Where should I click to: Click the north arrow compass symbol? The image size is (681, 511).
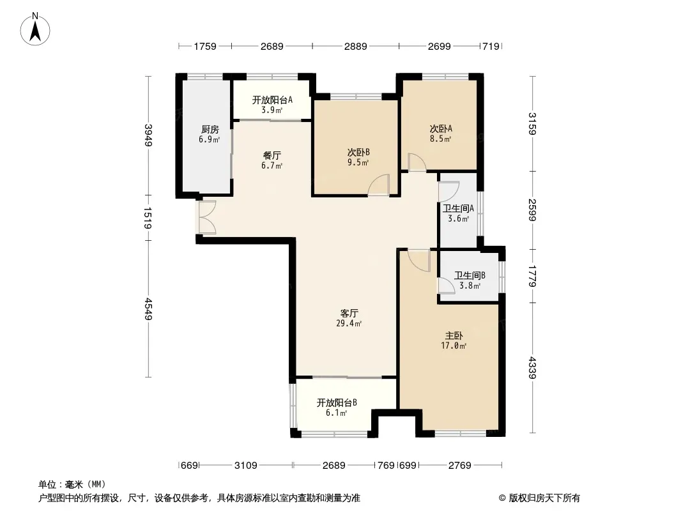tap(35, 29)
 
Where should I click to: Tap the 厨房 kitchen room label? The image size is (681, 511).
tap(210, 130)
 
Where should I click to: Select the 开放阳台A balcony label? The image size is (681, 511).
tap(272, 100)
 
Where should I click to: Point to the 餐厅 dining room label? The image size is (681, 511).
tap(272, 155)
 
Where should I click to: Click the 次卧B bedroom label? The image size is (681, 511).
tap(358, 153)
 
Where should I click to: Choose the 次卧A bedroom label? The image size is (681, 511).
tap(441, 128)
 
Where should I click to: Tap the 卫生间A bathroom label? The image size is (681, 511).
tap(458, 208)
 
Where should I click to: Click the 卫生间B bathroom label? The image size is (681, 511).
tap(470, 276)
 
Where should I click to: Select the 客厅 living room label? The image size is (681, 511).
tap(349, 314)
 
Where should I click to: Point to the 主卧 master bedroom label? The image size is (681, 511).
tap(454, 335)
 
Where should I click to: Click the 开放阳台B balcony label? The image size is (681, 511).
tap(337, 403)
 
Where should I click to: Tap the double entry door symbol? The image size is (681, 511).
tap(208, 217)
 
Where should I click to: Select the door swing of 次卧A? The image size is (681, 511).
tap(417, 162)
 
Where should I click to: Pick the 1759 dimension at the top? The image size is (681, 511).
tap(205, 46)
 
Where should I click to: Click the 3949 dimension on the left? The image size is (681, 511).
tap(149, 135)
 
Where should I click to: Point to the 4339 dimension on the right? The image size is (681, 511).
tap(533, 368)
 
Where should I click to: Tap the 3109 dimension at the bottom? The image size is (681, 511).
tap(246, 466)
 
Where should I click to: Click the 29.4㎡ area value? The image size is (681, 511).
tap(349, 323)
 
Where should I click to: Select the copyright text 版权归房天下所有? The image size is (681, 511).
tap(544, 498)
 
